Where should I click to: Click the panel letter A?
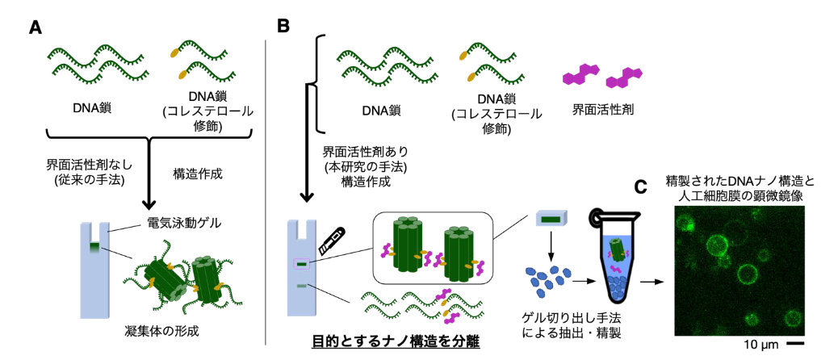pos(35,27)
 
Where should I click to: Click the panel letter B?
pos(284,27)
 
